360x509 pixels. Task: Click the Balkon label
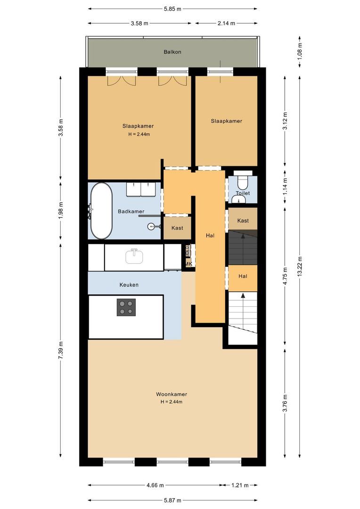click(172, 52)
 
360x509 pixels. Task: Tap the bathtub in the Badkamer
click(101, 211)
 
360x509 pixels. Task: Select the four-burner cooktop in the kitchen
click(126, 307)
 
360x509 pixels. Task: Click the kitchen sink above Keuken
click(134, 256)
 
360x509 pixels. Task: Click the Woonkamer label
click(172, 394)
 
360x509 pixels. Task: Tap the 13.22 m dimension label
click(300, 266)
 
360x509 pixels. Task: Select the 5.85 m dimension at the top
click(172, 9)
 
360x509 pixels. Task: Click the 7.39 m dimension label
click(61, 351)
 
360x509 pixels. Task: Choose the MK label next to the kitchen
click(189, 264)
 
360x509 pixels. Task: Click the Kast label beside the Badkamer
click(177, 228)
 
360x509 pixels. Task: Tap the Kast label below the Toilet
click(243, 221)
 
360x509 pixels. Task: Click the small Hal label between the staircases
click(243, 276)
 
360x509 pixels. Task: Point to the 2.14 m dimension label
click(226, 24)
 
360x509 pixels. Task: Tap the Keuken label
click(129, 285)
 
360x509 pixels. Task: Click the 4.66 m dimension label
click(155, 485)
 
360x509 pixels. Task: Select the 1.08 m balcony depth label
click(300, 51)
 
